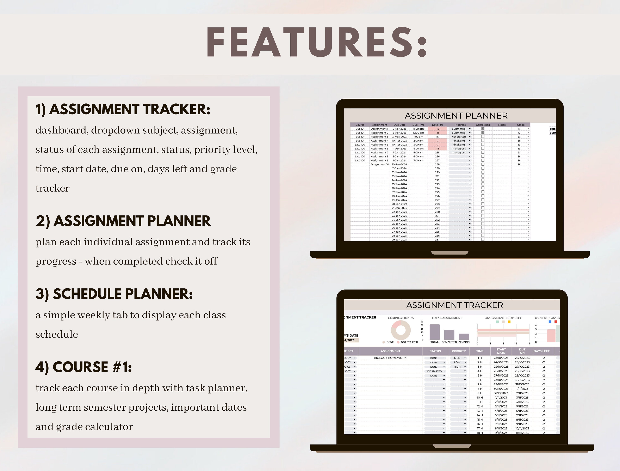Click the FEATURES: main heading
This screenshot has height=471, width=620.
coord(316,43)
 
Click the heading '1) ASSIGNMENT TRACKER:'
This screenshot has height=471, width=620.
coord(123,109)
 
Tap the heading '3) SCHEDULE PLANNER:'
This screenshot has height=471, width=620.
coord(114,294)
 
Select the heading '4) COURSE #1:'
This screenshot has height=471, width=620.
coord(83,367)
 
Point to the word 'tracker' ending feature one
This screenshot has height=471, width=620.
coord(52,188)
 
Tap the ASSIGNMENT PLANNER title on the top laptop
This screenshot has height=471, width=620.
coord(456,116)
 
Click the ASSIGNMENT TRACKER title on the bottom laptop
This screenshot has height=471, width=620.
coord(454,305)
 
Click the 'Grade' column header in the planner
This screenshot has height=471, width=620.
coord(521,125)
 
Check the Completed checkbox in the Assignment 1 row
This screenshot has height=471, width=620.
coord(483,129)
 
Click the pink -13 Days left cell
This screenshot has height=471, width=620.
coord(437,149)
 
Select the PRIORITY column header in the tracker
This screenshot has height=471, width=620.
coord(459,351)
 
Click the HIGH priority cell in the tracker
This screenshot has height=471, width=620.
coord(457,367)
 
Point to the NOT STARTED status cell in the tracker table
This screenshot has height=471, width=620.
coord(434,371)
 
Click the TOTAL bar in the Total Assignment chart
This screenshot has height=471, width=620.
coord(434,332)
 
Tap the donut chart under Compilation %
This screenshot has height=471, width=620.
coord(401,330)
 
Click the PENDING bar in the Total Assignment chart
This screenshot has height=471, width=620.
coord(464,336)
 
